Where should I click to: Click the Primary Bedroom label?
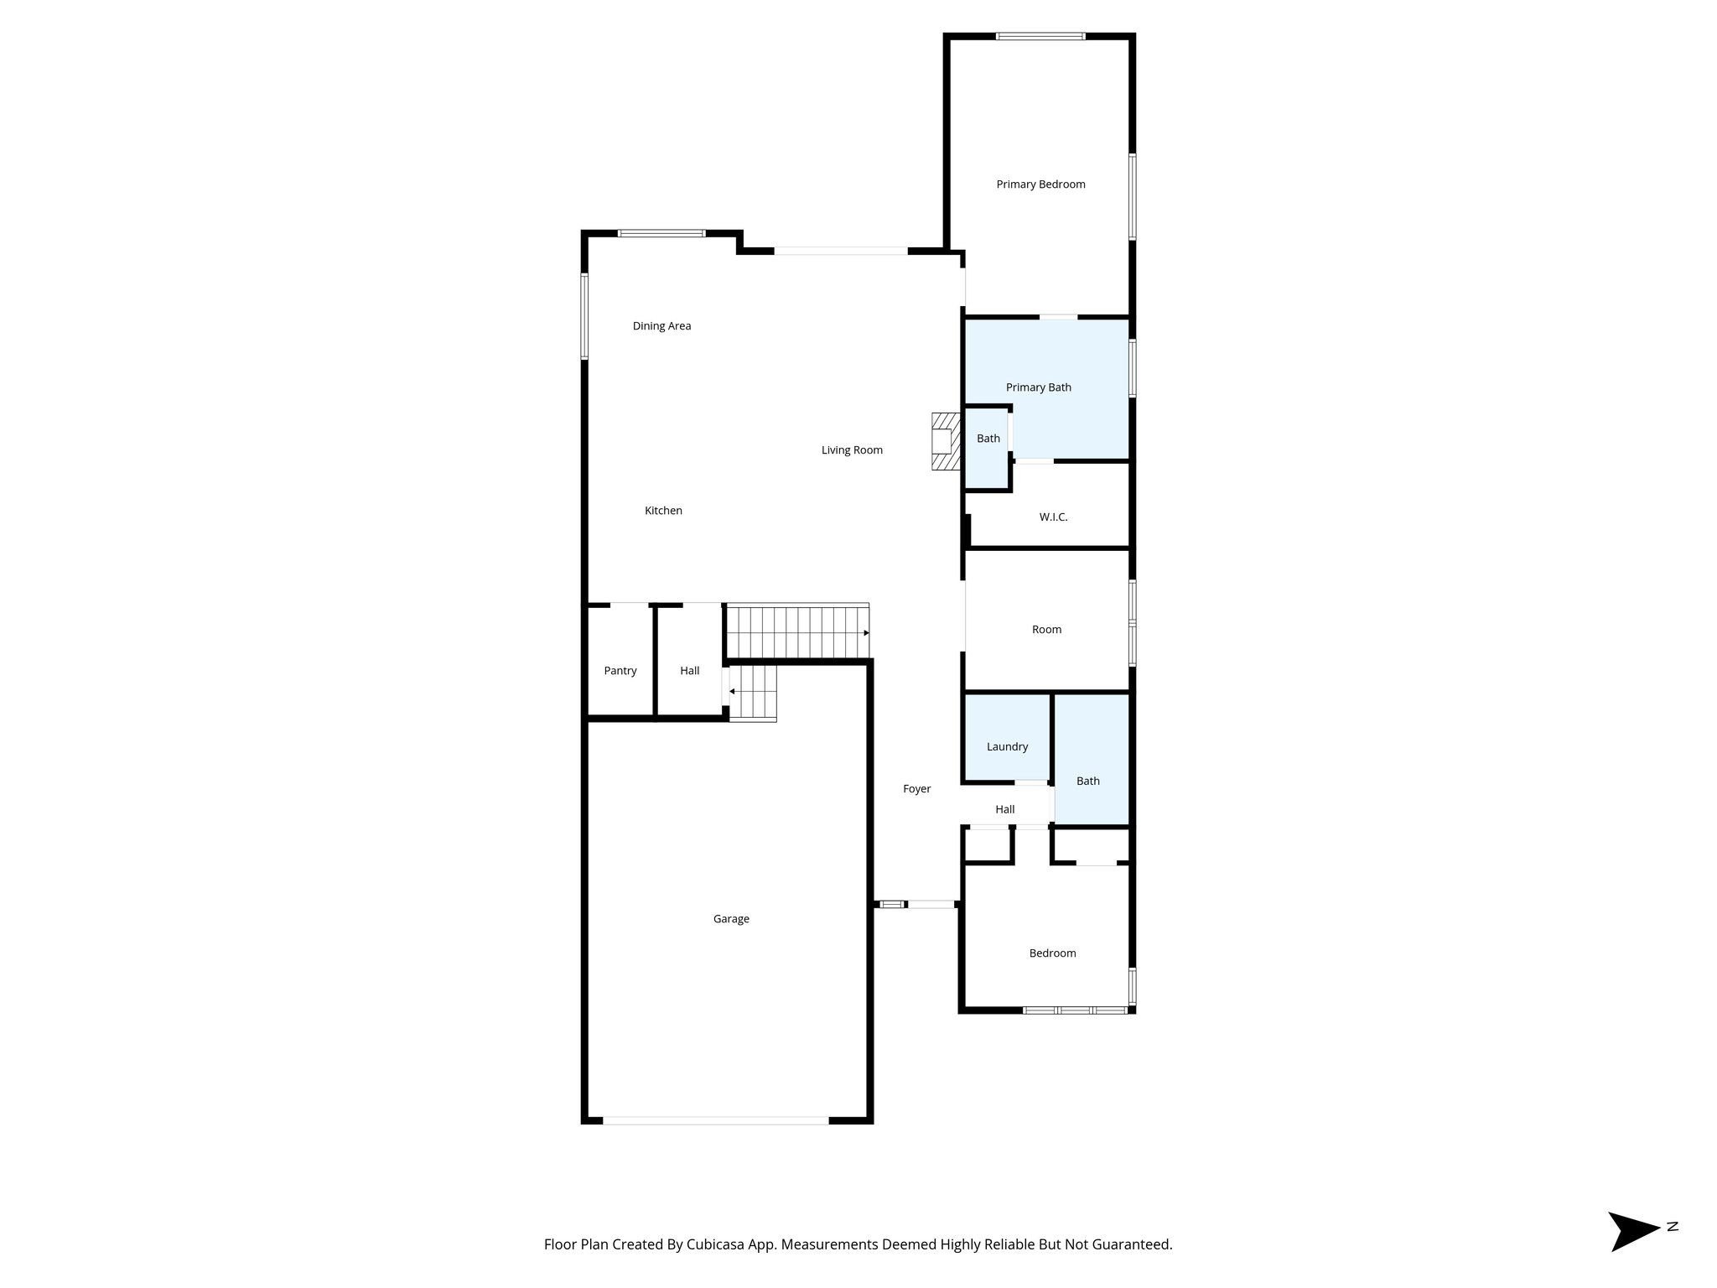point(1040,184)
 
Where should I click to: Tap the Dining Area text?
point(661,326)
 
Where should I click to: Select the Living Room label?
point(852,450)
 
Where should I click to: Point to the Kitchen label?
point(663,511)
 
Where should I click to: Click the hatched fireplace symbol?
point(945,441)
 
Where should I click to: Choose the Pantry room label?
point(620,671)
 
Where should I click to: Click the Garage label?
point(731,919)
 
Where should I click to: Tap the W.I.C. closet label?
point(1053,517)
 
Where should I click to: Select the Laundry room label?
point(1007,747)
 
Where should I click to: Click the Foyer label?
point(916,789)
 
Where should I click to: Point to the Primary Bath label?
point(1039,387)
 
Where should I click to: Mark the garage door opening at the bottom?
point(715,1120)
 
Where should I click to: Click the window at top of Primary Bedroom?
point(1040,36)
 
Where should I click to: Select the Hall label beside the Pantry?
point(690,671)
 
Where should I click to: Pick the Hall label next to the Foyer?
point(1004,810)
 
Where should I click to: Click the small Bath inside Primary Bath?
point(988,439)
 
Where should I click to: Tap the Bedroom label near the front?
point(1052,953)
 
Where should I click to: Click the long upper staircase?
point(796,631)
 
